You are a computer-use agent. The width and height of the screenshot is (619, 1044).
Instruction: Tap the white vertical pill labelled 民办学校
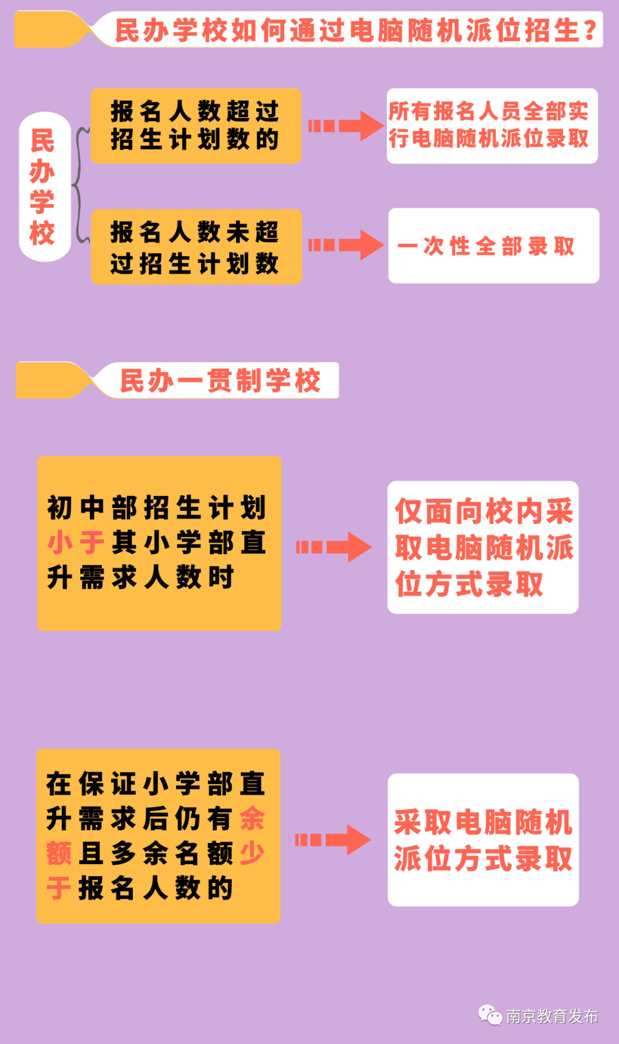coord(44,187)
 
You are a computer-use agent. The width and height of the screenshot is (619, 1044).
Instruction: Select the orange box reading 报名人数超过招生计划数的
coord(195,126)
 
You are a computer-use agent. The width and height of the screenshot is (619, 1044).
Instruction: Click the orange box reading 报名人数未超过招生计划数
coord(196,247)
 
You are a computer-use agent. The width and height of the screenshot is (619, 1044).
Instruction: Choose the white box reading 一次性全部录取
coord(493,246)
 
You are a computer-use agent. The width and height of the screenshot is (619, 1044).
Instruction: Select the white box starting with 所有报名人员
coord(492,126)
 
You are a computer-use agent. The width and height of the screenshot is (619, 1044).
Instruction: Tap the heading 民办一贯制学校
coord(221,381)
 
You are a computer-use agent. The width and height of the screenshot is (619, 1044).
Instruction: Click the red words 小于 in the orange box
coord(75,542)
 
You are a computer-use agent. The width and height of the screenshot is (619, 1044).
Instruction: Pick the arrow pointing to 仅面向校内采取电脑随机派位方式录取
coord(334,547)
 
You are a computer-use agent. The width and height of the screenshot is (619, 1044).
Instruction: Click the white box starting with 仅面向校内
coord(483,547)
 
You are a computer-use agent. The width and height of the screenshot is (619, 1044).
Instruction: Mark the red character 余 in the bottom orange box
coord(252,818)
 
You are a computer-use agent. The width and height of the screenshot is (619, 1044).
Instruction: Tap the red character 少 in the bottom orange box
coord(252,853)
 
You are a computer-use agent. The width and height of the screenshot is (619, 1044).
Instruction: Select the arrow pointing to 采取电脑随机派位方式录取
coord(333,840)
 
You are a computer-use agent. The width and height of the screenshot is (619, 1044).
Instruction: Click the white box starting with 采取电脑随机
coord(483,840)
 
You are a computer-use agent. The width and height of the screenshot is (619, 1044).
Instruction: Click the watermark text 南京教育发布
coord(552,1017)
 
